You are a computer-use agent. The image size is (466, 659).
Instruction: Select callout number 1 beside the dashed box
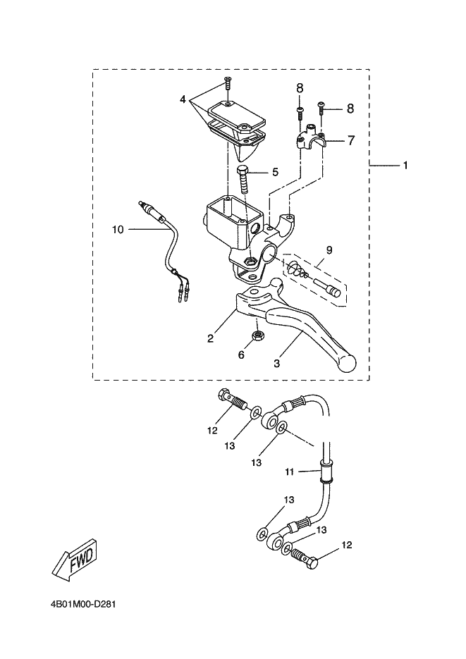(405, 166)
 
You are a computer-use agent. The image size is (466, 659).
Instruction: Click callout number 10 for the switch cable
(118, 230)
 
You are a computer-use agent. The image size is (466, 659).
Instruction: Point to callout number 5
(275, 172)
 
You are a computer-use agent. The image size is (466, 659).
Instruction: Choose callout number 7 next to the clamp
(351, 140)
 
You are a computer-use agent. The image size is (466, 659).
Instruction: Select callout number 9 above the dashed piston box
(329, 250)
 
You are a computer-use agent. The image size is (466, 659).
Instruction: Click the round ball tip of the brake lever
(348, 362)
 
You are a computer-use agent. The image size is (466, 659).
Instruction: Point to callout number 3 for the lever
(276, 364)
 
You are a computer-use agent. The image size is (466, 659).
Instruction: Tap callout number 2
(211, 338)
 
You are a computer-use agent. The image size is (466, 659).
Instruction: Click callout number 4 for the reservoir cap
(183, 99)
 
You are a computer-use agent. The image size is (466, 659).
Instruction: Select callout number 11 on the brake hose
(289, 472)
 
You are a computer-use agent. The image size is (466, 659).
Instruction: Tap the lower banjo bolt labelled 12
(304, 558)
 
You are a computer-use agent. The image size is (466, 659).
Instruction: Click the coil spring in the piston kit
(298, 269)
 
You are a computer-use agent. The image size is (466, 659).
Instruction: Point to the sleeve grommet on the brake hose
(326, 472)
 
